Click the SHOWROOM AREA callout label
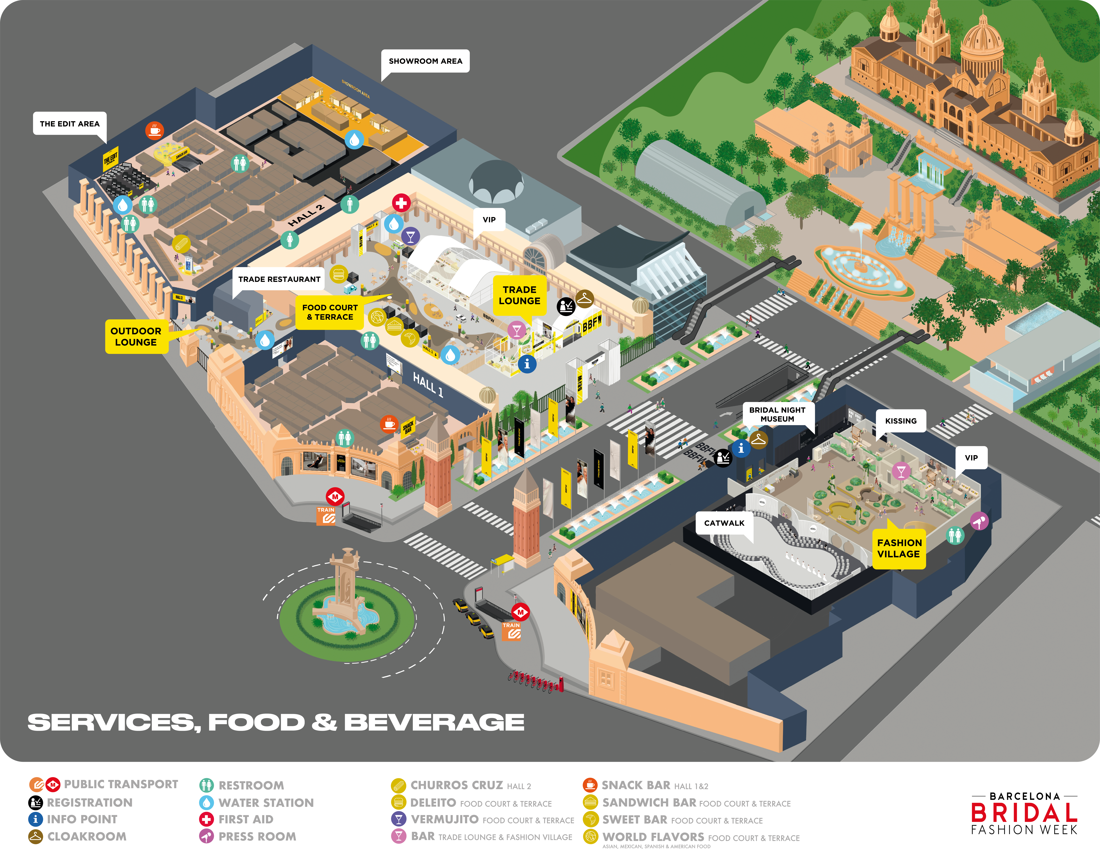tap(425, 61)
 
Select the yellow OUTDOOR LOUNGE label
tap(136, 336)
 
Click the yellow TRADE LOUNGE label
tap(519, 295)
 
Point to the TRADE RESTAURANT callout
tap(279, 279)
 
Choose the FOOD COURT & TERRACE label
tap(330, 312)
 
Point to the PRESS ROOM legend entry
tap(257, 836)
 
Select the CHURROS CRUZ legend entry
tap(456, 785)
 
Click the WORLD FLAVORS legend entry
tap(653, 837)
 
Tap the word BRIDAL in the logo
tap(1024, 812)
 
